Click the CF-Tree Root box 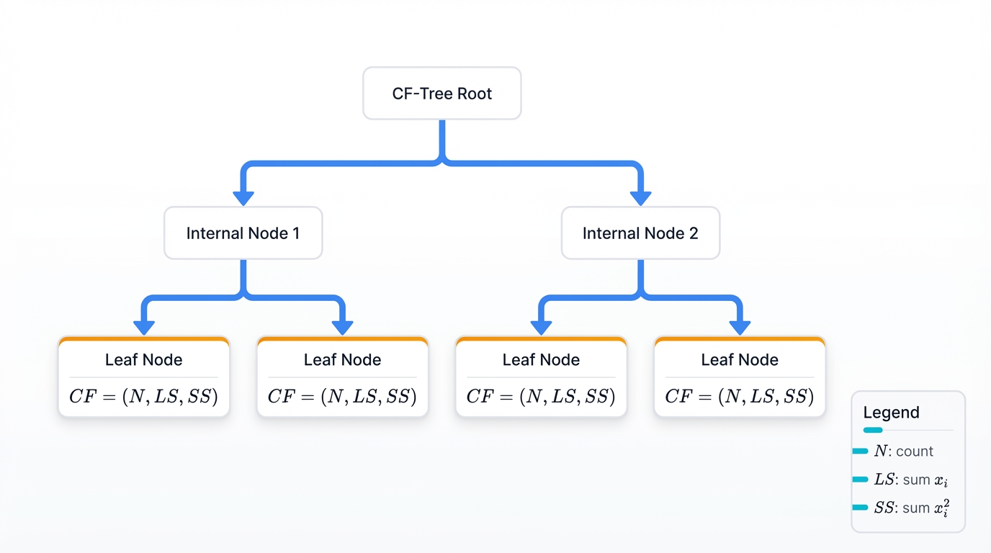[441, 94]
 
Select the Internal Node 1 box [243, 233]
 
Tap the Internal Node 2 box [640, 233]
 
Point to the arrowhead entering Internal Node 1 [243, 198]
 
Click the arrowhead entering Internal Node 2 [640, 198]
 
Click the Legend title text [891, 413]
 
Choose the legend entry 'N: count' [903, 451]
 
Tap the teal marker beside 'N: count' [860, 451]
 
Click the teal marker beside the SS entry [860, 508]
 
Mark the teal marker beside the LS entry [860, 480]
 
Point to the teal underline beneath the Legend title [873, 430]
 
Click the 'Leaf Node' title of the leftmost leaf [144, 360]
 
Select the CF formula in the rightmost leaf [740, 397]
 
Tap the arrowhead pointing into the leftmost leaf [144, 328]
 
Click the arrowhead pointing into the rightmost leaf [740, 328]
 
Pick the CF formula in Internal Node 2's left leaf [541, 397]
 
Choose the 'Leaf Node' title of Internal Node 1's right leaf [343, 360]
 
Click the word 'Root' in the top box [475, 94]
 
